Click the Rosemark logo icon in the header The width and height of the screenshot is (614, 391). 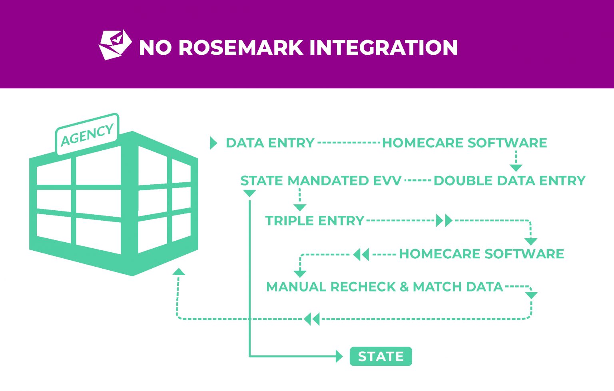(x=115, y=45)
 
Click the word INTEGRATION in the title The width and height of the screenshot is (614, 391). (x=383, y=47)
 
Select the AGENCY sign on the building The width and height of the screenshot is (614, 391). (x=87, y=134)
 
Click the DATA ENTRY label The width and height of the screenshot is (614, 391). (x=270, y=143)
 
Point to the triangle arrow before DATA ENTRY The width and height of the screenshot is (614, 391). (x=213, y=143)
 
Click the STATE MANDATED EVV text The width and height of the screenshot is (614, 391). (x=321, y=181)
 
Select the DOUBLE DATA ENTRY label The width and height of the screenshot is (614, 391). (x=509, y=181)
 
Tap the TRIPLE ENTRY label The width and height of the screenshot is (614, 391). (x=315, y=221)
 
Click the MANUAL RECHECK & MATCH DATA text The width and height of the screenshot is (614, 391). (x=384, y=287)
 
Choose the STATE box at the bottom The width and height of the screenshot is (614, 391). (x=381, y=356)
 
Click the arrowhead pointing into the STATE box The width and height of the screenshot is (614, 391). (x=339, y=356)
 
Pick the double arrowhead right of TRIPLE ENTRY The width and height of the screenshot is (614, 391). (x=444, y=220)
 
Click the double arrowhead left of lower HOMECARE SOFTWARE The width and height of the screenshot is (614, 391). (x=361, y=254)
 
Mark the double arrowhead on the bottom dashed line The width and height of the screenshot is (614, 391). (x=312, y=319)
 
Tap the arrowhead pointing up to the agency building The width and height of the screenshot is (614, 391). (x=179, y=272)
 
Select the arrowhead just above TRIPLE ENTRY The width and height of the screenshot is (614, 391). (x=300, y=207)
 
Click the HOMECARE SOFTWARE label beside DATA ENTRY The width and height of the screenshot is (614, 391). (x=464, y=143)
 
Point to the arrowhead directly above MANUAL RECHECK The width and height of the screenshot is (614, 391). (x=300, y=274)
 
